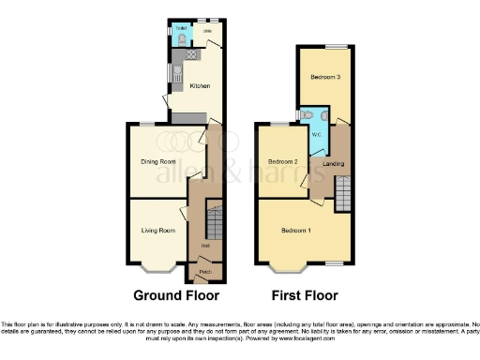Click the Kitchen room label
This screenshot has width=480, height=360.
pos(200,86)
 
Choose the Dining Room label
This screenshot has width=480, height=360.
pos(158,161)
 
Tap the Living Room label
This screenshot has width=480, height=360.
pos(158,230)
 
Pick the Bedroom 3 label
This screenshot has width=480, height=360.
pos(325,78)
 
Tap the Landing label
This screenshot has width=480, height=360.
pos(332,164)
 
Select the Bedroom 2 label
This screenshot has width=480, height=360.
pos(282,161)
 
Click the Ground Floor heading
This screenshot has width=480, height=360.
pos(171,294)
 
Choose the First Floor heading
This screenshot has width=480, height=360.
pos(304,294)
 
